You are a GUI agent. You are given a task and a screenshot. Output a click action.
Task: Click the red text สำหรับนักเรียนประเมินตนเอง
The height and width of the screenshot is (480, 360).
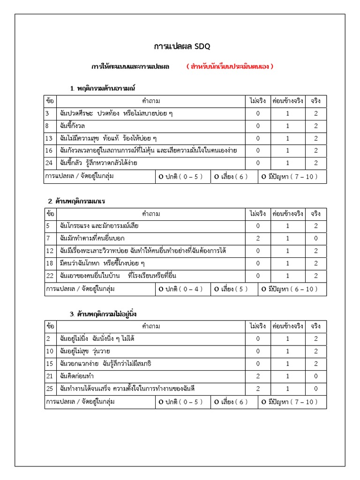coord(230,67)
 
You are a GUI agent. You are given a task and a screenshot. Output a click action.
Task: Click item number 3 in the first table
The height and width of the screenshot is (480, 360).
coord(47,113)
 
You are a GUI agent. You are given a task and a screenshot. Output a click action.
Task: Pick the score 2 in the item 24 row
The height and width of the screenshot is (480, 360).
coord(316,163)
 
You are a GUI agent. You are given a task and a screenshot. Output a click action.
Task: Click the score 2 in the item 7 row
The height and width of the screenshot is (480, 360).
coord(258,238)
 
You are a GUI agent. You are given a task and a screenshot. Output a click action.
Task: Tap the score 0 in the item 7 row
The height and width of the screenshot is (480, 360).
coord(316,238)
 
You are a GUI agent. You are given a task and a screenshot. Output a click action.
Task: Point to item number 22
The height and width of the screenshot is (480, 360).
coord(49,275)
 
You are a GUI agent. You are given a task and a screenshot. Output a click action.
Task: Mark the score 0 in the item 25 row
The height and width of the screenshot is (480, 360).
coord(316,388)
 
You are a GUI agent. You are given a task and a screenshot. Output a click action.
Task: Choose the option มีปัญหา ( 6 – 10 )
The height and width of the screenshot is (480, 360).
coord(290,289)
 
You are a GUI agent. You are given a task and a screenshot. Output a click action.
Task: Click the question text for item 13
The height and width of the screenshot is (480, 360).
coord(108,138)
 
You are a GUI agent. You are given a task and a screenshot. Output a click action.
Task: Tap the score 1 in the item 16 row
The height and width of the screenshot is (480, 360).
coord(288,150)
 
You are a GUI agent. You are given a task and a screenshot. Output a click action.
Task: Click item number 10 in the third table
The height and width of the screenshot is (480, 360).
coord(49,351)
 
